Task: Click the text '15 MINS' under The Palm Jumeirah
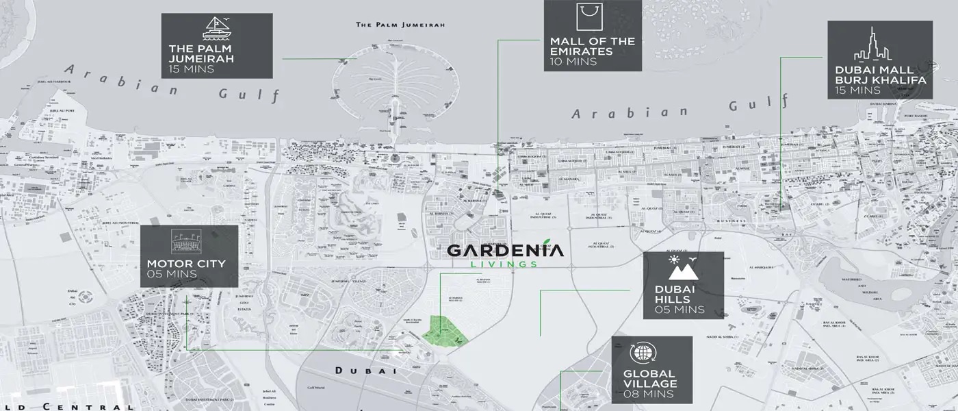tap(192, 68)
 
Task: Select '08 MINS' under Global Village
tap(649, 394)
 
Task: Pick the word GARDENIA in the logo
tap(506, 250)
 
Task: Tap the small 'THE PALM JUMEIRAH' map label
tap(400, 25)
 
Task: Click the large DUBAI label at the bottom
tap(366, 371)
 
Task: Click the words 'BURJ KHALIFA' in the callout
tap(881, 80)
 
